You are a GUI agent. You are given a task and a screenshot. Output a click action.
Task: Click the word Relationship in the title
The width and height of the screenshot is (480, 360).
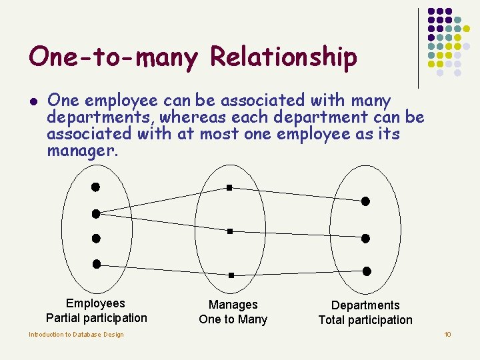(x=283, y=58)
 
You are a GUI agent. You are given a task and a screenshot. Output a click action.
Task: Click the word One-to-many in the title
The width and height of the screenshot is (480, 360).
(x=113, y=58)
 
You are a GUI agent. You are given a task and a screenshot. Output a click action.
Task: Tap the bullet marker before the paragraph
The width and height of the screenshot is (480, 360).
(x=33, y=102)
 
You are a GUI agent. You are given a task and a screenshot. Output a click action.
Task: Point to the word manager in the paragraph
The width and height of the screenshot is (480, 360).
(x=81, y=151)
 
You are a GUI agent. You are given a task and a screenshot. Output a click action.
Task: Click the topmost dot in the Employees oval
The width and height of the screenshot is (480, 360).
(x=95, y=186)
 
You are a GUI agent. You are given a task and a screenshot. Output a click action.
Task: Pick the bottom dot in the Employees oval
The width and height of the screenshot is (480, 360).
(x=97, y=264)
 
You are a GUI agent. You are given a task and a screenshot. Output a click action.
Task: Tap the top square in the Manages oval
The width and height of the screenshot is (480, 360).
(x=229, y=188)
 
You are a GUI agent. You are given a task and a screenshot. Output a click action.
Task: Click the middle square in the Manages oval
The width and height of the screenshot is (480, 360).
(x=229, y=231)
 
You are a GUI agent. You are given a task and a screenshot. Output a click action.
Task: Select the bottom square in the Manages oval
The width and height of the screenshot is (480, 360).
(x=231, y=275)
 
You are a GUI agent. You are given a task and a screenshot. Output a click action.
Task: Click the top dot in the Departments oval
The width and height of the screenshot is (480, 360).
(x=365, y=201)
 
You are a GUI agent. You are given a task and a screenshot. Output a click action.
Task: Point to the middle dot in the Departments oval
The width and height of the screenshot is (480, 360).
(x=365, y=238)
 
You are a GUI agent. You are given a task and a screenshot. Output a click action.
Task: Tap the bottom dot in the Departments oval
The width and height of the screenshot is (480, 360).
(x=366, y=271)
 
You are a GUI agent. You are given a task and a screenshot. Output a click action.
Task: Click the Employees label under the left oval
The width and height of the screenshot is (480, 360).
(x=95, y=303)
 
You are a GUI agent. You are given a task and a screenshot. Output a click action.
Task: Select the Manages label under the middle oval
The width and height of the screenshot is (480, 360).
(x=233, y=305)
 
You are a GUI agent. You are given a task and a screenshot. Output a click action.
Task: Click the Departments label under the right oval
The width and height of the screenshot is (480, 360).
(x=365, y=305)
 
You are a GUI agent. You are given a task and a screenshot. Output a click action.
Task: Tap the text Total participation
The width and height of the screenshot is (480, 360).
(x=365, y=320)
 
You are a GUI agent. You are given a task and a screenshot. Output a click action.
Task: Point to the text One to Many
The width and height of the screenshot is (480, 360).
(x=233, y=319)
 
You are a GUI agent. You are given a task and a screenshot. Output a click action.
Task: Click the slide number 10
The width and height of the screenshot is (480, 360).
(x=448, y=334)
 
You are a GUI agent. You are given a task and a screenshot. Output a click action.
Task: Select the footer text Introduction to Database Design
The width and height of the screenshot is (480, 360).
(x=76, y=335)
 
